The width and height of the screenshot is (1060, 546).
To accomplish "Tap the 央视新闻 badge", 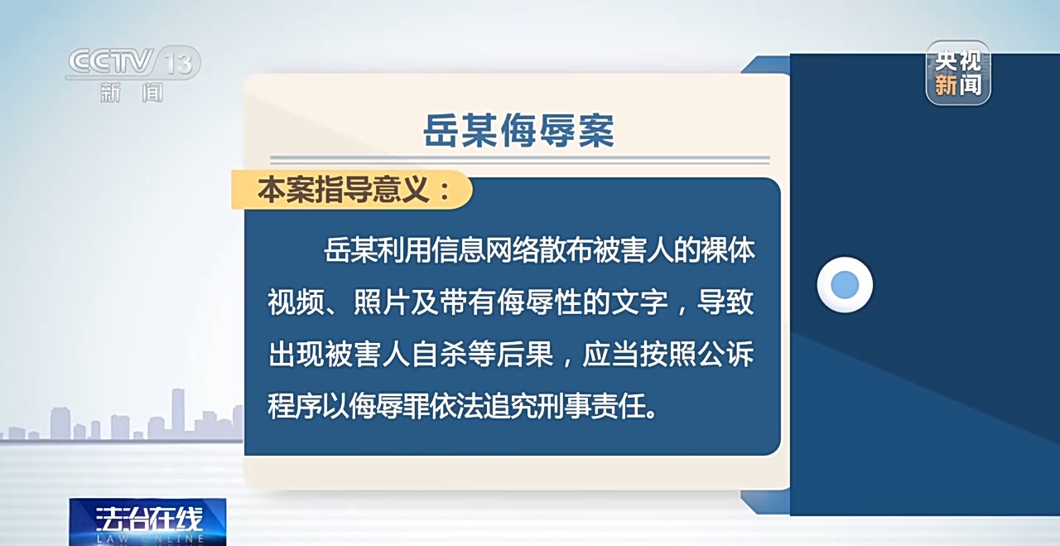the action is (x=958, y=73).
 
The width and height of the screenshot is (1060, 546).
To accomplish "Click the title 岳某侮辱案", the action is (x=518, y=130).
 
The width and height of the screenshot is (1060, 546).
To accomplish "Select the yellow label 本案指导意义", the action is (x=352, y=190).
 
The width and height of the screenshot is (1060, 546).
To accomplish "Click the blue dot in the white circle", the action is (x=845, y=285).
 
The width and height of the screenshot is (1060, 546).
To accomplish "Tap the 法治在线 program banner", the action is (x=147, y=521).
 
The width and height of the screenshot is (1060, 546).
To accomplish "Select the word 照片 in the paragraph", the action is (x=381, y=302).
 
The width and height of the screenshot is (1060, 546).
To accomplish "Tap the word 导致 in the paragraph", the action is (x=725, y=302).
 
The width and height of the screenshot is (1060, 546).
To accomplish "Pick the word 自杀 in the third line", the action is (x=439, y=354).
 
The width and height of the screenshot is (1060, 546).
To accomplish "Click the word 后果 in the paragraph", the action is (x=524, y=354).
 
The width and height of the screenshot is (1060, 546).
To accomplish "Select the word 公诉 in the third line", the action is (x=725, y=354).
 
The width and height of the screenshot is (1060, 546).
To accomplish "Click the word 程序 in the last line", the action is (x=296, y=406).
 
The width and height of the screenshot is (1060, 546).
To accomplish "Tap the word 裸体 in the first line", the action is (x=727, y=249).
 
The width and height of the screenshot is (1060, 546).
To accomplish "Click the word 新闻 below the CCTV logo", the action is (x=132, y=92).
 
